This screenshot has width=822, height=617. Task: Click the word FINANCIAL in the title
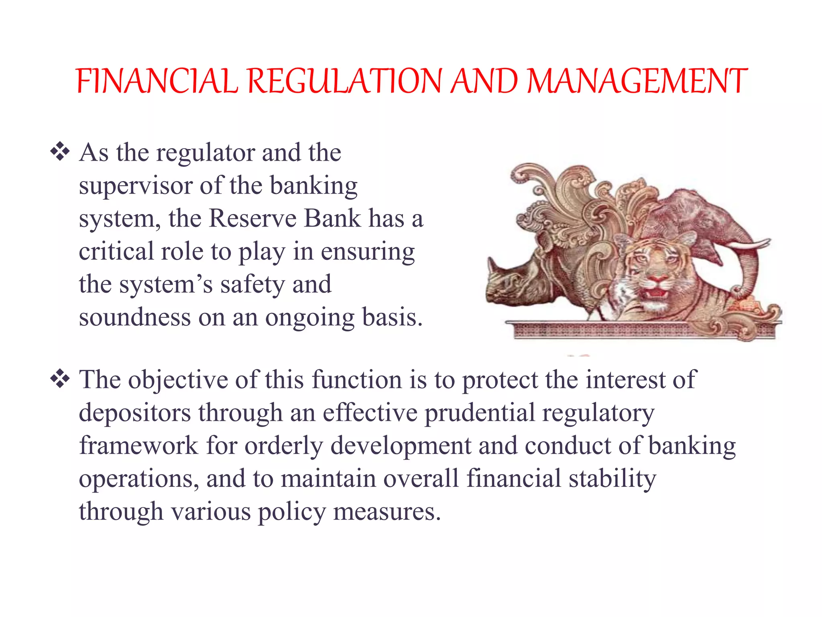157,81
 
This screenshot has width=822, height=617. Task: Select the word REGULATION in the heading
345,81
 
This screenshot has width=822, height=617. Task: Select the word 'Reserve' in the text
252,219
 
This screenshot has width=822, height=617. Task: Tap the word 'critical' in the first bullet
116,252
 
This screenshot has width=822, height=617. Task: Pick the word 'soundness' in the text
135,318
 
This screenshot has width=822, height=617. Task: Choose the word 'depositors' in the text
135,413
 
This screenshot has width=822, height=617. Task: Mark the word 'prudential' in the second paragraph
479,413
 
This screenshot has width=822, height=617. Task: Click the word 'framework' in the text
139,446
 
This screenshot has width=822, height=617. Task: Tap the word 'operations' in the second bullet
139,479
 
